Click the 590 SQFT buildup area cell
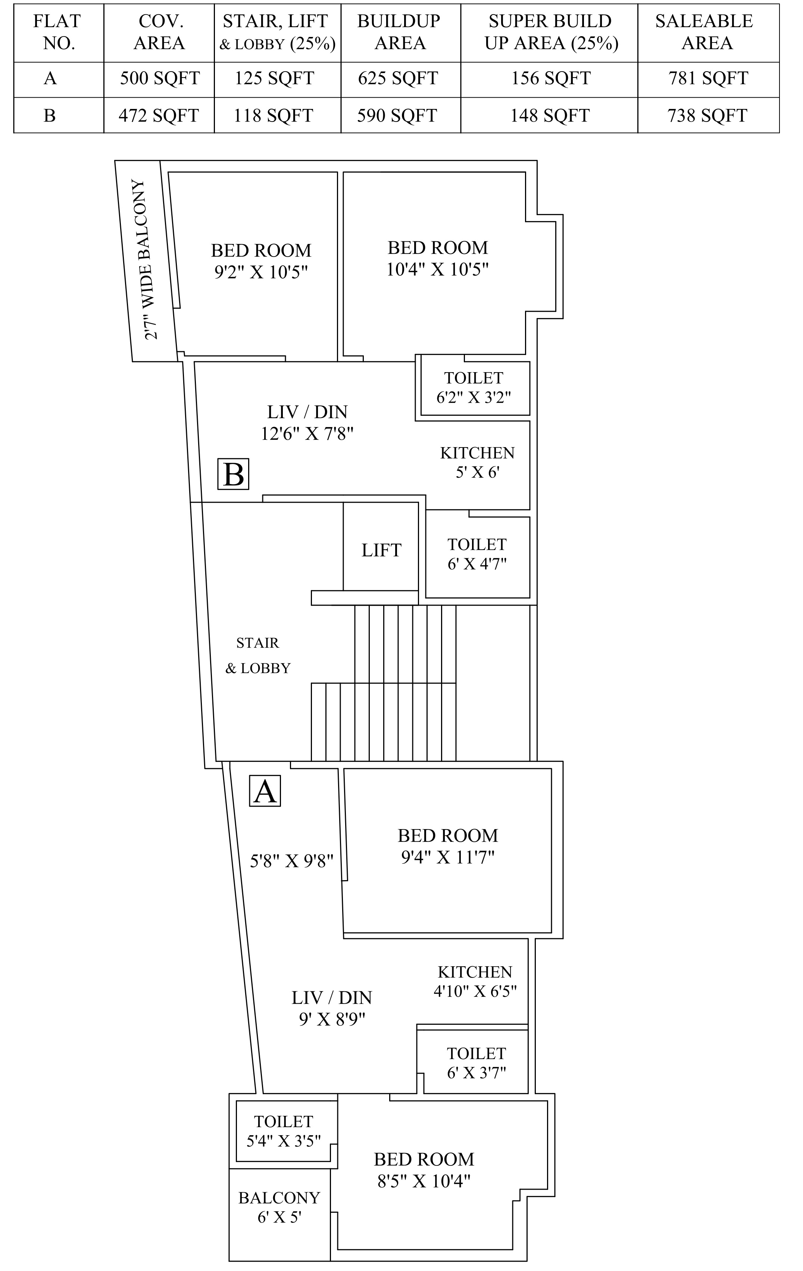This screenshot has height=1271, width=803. [397, 116]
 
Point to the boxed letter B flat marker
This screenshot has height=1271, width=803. [233, 474]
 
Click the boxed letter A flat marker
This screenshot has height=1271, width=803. [265, 791]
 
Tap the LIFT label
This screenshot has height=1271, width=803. [381, 550]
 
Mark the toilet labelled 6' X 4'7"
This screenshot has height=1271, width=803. [477, 554]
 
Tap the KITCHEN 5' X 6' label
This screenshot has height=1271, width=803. [477, 462]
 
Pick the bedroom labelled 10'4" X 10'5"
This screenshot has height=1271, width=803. [438, 258]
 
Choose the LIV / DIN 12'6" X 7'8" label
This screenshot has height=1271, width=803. [307, 422]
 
